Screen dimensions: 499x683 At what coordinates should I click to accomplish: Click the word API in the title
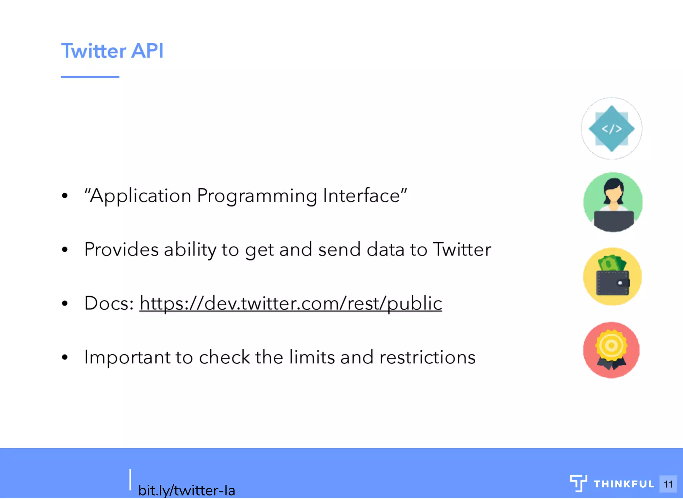coord(147,51)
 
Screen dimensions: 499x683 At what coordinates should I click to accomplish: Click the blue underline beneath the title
coord(90,77)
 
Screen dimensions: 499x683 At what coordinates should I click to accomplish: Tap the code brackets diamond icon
coord(611,129)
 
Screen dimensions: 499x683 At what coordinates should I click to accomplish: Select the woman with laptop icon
coord(613,202)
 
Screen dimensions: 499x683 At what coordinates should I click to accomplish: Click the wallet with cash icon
coord(612,277)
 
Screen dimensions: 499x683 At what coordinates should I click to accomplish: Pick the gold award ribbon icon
coord(611,350)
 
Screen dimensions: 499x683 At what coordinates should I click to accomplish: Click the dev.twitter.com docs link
coord(290,303)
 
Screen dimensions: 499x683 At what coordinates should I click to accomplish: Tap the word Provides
coord(121,249)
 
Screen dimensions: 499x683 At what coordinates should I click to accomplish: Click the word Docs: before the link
coord(109,303)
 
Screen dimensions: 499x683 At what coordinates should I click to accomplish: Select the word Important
coord(127,357)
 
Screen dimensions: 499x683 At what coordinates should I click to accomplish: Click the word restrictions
coord(427,357)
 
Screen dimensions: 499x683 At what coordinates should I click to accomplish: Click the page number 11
coord(668,484)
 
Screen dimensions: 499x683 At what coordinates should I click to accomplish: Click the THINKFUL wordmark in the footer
coord(624,484)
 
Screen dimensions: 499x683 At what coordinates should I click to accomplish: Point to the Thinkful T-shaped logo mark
coord(578,483)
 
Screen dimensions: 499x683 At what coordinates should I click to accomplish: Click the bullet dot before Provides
coord(65,249)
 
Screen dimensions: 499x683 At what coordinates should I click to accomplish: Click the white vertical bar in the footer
coord(130,479)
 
